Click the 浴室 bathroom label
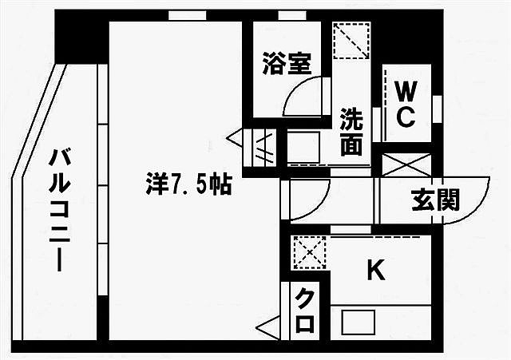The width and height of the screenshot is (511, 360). [x=287, y=64]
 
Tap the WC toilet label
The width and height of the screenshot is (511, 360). [x=406, y=104]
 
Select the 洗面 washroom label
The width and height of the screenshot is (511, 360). [x=351, y=132]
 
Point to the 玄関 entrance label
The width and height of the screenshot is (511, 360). [x=435, y=200]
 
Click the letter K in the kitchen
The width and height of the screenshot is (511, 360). [x=376, y=270]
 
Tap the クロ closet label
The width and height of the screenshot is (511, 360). [x=305, y=311]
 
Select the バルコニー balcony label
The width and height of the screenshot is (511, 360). [x=60, y=210]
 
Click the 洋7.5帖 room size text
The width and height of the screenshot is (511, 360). [x=189, y=184]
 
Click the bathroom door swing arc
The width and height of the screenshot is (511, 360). [x=303, y=97]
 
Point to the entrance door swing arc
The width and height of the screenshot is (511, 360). [x=466, y=200]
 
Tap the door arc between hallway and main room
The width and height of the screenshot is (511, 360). [x=310, y=199]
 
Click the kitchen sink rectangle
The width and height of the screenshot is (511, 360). [x=358, y=322]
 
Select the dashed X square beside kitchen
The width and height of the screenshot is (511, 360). [x=310, y=253]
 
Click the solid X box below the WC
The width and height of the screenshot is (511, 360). [x=406, y=165]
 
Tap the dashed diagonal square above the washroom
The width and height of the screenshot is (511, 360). [x=351, y=41]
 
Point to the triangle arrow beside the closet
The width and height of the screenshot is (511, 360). [x=268, y=328]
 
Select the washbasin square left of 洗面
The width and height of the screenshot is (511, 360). [x=303, y=147]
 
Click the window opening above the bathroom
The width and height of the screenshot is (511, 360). [x=292, y=15]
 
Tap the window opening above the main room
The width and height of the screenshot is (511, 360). [x=188, y=15]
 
